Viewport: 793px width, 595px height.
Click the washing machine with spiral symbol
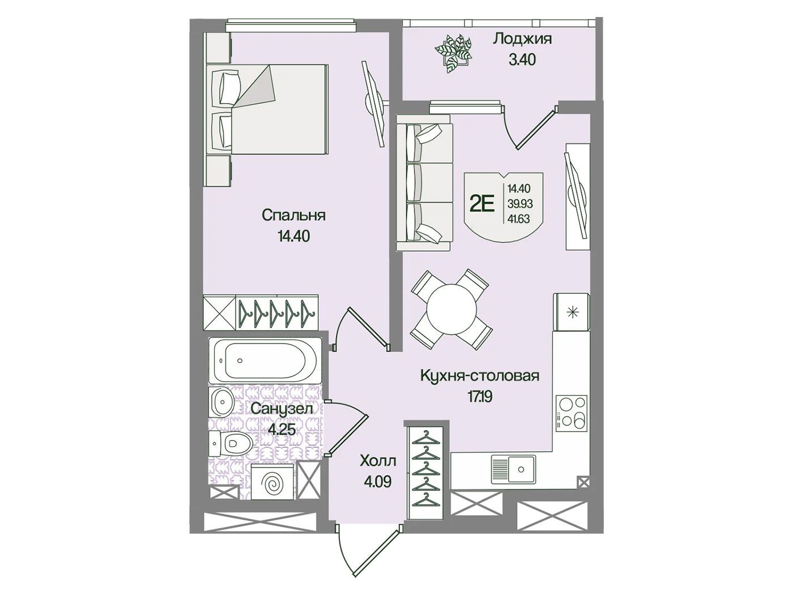[274, 482]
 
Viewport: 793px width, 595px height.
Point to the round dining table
[451, 310]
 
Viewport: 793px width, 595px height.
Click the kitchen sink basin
[513, 469]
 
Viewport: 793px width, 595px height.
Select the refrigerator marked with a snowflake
[572, 312]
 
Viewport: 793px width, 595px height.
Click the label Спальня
[293, 216]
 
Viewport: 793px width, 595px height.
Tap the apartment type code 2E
[482, 206]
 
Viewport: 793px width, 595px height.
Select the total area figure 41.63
[519, 219]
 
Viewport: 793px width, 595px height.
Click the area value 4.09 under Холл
[376, 482]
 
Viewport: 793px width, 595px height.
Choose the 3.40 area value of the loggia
[522, 59]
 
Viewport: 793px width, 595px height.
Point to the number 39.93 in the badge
[520, 204]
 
